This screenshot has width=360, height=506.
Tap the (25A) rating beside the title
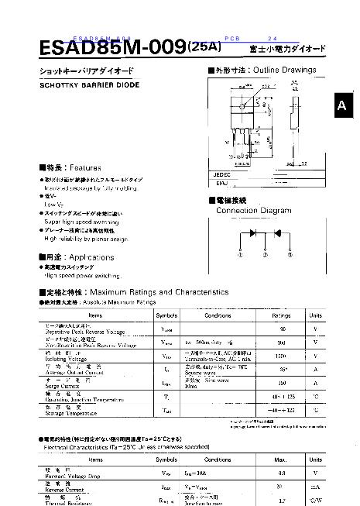click(x=204, y=46)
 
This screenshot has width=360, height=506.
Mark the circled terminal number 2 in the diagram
click(x=265, y=254)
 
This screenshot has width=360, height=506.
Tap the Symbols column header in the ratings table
click(x=166, y=315)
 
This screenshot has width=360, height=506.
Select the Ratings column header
click(x=281, y=315)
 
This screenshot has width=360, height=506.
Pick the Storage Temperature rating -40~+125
click(x=281, y=410)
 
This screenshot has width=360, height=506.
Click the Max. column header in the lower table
click(x=280, y=460)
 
